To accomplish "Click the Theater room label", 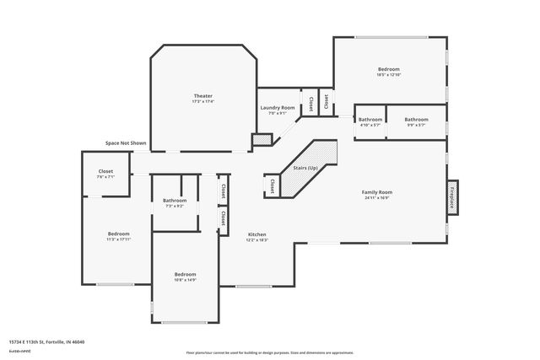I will coord(203,96).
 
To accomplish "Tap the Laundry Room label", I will coord(277,108).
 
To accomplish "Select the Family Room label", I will coord(377,192).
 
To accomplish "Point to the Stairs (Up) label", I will coord(305,168).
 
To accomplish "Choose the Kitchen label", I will coord(256,234).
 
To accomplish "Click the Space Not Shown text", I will coord(126,143).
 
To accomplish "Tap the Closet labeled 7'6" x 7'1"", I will coord(105,171).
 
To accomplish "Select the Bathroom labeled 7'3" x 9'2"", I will coord(174,200).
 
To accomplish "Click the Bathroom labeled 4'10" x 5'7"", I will coord(370,120).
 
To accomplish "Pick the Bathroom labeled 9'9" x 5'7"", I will coord(416,120).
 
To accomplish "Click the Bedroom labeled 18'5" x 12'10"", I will coord(388,69).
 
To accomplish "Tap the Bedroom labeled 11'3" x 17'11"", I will coord(118,234).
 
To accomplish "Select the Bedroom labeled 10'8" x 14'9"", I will coord(185,274).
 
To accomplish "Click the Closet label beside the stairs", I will coord(273,184).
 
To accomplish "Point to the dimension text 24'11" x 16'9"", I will coord(377,198).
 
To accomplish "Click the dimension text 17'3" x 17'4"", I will coord(203,101).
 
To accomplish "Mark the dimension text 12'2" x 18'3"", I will coord(256,239).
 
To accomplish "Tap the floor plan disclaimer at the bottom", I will coord(269,353).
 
